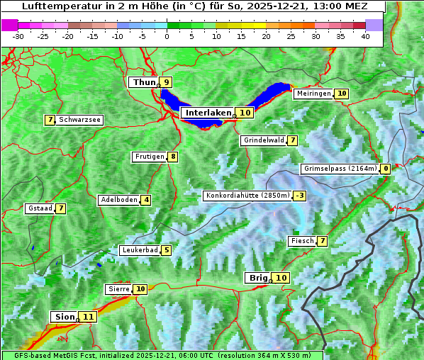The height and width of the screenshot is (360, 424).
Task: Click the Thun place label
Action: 144,82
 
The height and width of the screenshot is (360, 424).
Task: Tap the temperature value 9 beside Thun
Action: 166,82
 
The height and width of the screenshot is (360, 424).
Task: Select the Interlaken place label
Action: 208,113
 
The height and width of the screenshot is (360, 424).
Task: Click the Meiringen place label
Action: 313,94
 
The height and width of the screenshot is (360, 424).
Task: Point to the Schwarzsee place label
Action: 79,120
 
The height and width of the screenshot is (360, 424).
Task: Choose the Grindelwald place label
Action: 264,140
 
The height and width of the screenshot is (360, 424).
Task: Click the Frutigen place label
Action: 149,157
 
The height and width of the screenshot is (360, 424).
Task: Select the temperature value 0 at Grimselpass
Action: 385,169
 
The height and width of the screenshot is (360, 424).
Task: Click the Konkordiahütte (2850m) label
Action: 247,196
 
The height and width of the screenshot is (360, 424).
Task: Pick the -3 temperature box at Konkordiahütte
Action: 300,196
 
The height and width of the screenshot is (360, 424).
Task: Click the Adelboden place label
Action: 118,200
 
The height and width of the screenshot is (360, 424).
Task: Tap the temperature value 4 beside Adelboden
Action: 146,200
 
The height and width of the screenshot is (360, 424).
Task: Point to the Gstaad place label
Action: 40,208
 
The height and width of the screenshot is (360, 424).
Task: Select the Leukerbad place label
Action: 139,250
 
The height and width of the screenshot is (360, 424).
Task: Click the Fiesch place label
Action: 301,241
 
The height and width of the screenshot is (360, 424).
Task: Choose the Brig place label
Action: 257,278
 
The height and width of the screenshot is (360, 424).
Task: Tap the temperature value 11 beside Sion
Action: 88,317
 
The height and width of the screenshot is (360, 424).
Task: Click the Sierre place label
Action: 118,289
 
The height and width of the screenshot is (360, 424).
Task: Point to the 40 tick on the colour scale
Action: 365,36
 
